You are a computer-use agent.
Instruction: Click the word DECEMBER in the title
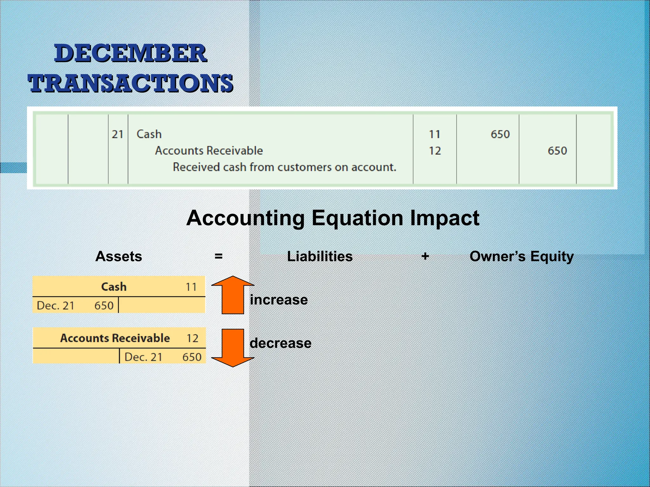[130, 53]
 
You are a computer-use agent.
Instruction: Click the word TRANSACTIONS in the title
[130, 83]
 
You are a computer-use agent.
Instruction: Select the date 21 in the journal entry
[117, 134]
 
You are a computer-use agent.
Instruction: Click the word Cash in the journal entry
[149, 134]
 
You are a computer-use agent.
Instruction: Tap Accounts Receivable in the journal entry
[209, 151]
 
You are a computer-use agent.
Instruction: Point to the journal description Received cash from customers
[284, 167]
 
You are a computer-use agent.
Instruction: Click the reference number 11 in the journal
[434, 134]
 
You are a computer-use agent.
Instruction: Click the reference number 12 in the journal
[434, 151]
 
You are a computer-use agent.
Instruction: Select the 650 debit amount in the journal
[500, 134]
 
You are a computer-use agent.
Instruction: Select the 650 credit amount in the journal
[557, 151]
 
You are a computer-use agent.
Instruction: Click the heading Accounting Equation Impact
[333, 218]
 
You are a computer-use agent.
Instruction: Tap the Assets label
[119, 256]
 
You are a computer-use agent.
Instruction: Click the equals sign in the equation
[218, 256]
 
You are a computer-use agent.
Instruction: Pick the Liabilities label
[320, 256]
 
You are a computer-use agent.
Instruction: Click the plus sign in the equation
[425, 256]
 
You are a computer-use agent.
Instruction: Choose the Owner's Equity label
[521, 256]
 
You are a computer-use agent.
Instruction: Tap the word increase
[279, 300]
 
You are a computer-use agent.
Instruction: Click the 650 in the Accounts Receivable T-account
[192, 357]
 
